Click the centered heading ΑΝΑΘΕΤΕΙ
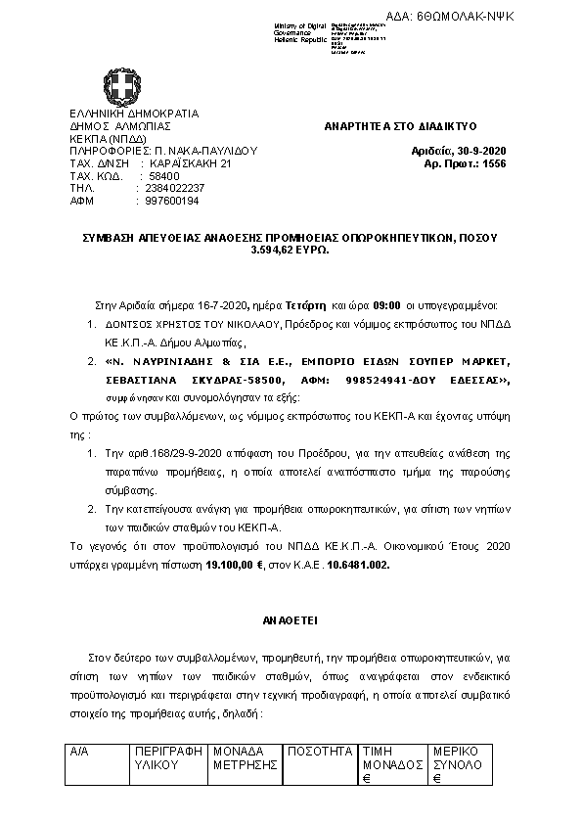[x=290, y=620]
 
